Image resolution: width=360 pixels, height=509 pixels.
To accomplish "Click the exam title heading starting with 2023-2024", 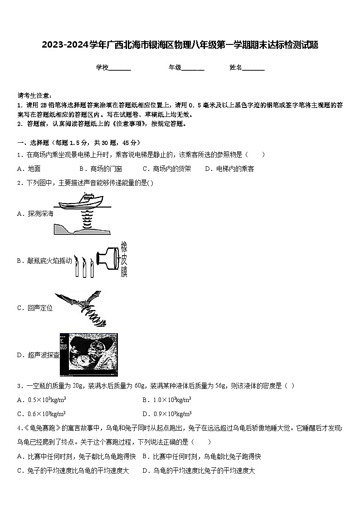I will pos(180,45).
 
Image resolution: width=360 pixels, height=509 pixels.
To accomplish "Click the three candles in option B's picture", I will pos(84,267).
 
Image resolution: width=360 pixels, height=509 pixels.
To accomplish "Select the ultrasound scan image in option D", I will pos(88,355).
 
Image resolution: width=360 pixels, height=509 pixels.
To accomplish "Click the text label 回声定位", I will pos(40,308).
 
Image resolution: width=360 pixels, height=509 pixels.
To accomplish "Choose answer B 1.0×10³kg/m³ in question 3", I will pos(166,400).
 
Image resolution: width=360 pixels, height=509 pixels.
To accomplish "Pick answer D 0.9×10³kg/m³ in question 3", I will pos(166,413).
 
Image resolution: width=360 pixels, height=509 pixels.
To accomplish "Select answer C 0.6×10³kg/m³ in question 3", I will pos(41,413).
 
